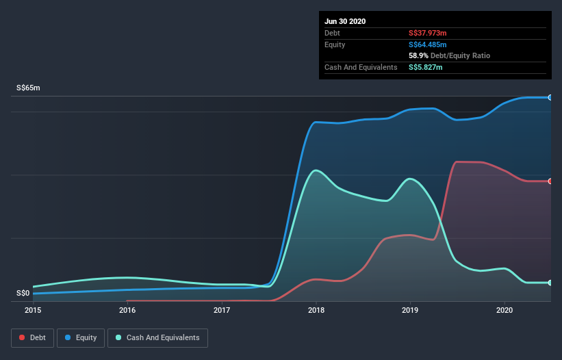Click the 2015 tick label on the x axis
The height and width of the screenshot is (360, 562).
tap(33, 310)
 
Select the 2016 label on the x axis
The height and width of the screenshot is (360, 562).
tap(127, 310)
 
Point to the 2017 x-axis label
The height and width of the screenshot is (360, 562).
tap(222, 310)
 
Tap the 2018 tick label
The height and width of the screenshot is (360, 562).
tap(316, 310)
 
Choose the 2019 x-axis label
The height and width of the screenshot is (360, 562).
tap(410, 310)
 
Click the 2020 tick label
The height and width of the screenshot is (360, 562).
tap(504, 310)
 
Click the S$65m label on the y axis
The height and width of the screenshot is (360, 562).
tap(28, 88)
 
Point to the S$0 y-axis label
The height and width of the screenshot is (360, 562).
tap(24, 293)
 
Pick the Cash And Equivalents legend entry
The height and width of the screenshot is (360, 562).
tap(157, 337)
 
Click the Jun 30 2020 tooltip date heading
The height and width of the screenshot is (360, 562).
tap(345, 21)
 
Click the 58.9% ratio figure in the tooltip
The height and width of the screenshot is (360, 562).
tap(419, 55)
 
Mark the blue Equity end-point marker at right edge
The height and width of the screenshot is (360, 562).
tap(550, 97)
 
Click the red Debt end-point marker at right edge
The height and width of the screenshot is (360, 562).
tap(550, 181)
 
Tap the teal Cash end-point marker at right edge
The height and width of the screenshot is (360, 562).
tap(550, 282)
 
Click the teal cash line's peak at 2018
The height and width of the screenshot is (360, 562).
tap(316, 170)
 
